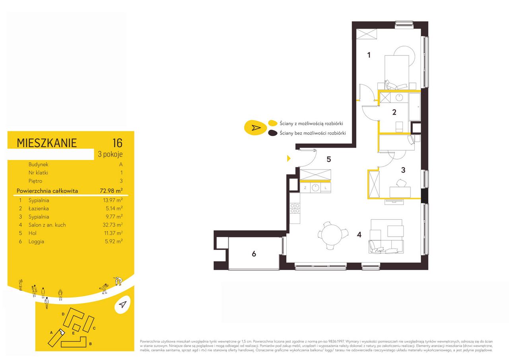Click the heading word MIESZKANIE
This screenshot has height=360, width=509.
47,143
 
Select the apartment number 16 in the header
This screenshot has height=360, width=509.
117,143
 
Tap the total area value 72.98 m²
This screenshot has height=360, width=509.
111,191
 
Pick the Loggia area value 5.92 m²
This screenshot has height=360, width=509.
114,241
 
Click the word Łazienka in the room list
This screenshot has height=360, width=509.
39,208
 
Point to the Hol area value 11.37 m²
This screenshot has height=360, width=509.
113,233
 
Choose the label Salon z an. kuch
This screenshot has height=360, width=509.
47,225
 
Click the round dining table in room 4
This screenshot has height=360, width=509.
332,234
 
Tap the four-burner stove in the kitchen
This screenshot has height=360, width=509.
295,208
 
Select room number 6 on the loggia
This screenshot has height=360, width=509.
254,254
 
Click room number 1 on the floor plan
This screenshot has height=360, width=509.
369,55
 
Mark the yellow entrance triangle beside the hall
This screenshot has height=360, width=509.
289,158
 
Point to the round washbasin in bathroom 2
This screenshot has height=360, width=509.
399,98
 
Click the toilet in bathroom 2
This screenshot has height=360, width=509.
399,126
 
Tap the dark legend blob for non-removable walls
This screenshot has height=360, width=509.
273,133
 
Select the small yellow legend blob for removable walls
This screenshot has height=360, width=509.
273,123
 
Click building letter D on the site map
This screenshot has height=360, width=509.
63,314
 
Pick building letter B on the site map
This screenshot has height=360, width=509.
90,344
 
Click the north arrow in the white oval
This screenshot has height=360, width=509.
122,304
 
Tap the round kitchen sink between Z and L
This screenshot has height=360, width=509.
315,188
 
